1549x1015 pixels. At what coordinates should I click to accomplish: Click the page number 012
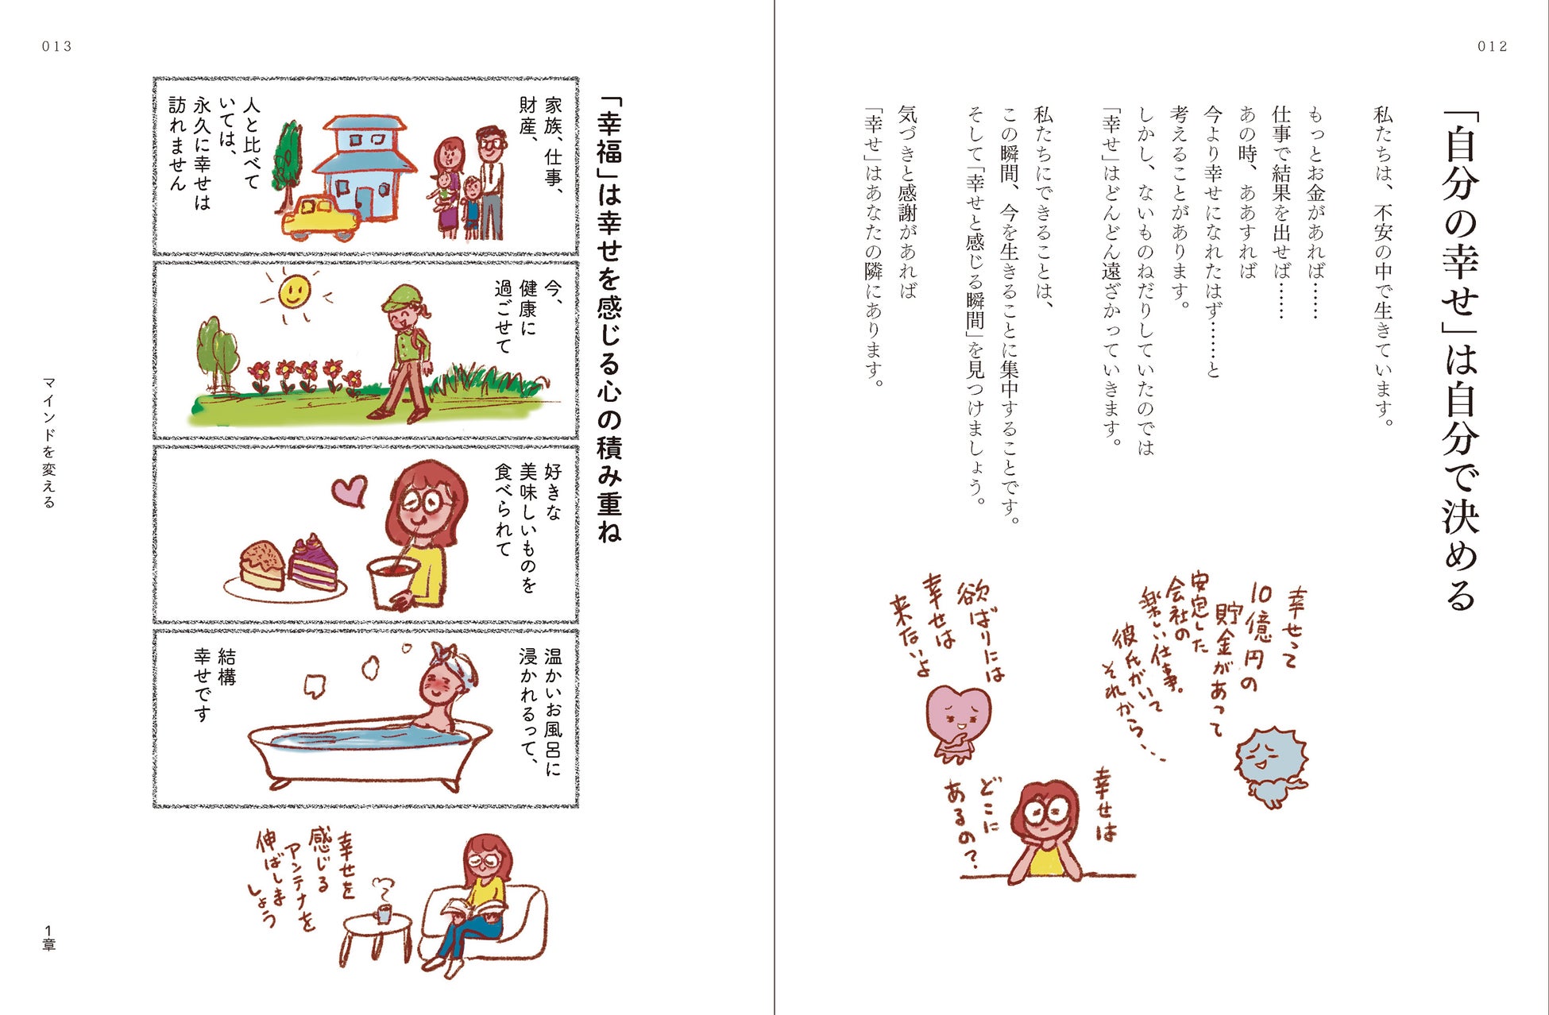[x=1492, y=47]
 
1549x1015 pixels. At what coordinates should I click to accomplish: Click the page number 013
[x=57, y=47]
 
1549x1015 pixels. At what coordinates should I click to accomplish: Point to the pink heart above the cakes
[x=349, y=490]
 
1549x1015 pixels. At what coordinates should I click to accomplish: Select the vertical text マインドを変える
[x=49, y=442]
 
